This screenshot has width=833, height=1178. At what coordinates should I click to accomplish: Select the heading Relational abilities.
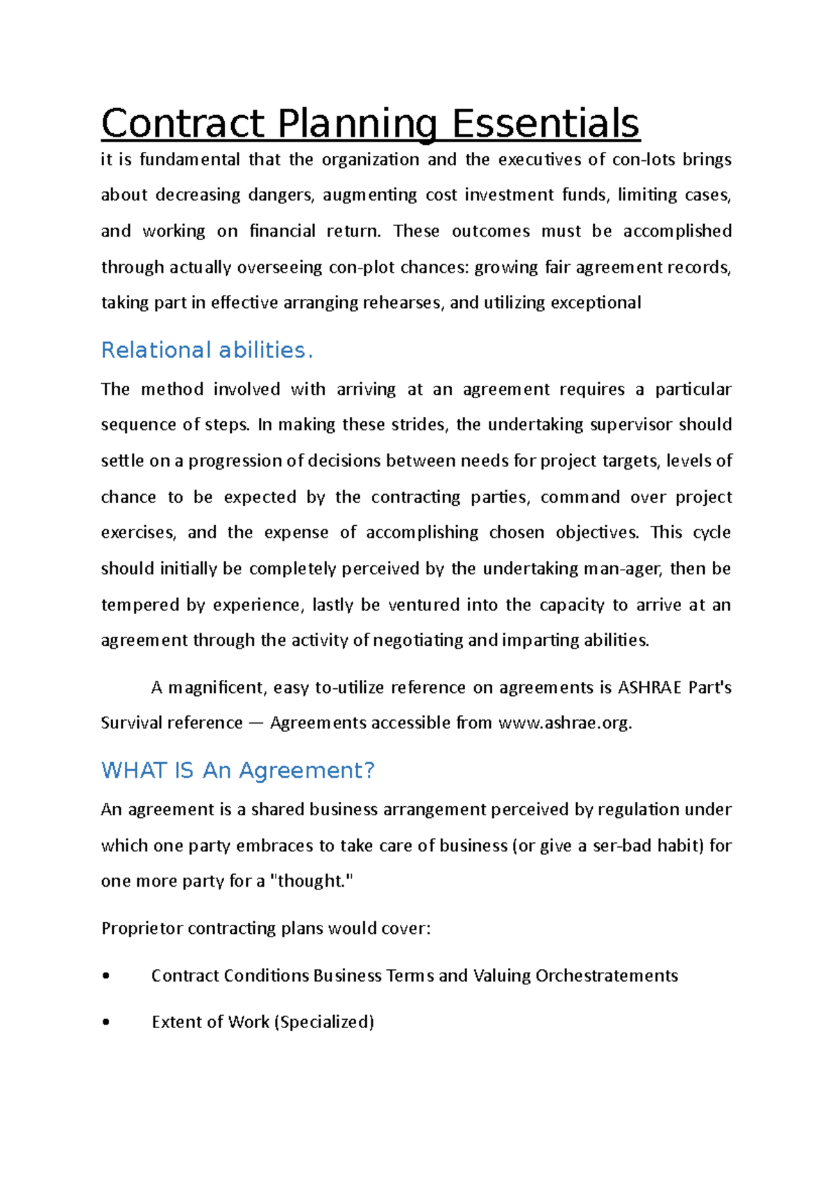pos(207,350)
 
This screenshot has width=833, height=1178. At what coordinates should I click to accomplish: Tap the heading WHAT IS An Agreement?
pos(237,771)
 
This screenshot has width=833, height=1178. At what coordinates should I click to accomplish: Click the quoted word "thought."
pos(311,881)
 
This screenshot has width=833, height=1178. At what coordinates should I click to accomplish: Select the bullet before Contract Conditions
pos(106,976)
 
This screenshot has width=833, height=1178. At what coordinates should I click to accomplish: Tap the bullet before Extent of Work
pos(106,1022)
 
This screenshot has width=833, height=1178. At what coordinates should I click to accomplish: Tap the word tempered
pos(141,605)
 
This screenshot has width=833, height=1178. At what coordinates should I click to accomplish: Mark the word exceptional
pos(596,302)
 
